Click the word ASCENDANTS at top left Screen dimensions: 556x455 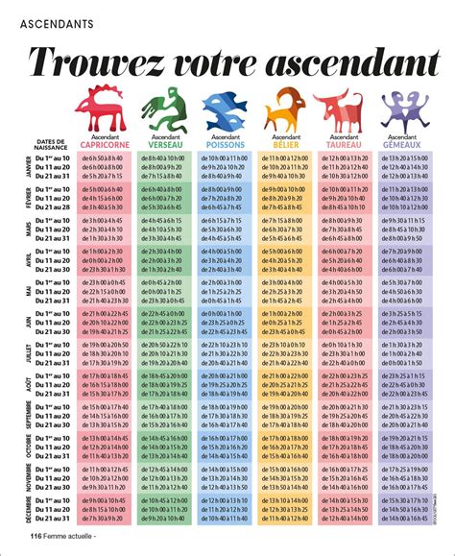tap(53, 19)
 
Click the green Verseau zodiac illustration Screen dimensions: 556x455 tap(162, 113)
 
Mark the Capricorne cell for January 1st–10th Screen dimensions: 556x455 tap(104, 157)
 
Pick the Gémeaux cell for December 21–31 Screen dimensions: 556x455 tap(403, 520)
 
